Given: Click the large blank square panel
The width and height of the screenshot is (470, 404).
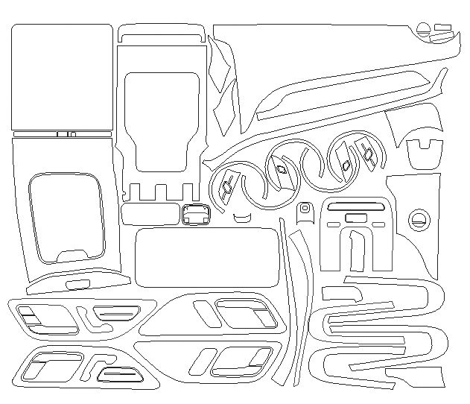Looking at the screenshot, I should point(62,77).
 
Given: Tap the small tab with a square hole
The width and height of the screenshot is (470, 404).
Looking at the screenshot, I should point(305,213).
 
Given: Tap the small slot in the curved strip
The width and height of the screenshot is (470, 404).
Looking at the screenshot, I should point(77,285).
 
